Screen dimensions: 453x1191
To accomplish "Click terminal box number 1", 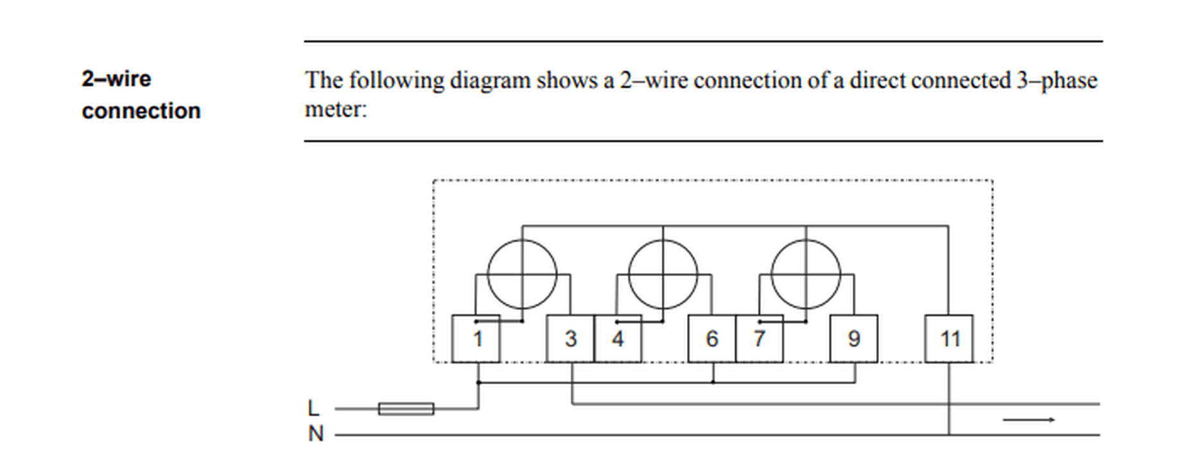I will [476, 339].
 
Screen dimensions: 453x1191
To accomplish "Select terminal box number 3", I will [570, 339].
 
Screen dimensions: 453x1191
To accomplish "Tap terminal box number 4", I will [618, 339].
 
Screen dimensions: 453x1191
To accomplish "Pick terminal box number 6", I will [711, 339].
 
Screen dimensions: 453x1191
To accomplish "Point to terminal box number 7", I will [759, 339].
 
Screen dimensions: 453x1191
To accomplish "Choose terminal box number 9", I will [853, 339].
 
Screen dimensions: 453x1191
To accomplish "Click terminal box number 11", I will [948, 339].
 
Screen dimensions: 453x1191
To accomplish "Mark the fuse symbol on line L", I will [406, 409].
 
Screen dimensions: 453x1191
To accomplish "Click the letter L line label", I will [313, 408].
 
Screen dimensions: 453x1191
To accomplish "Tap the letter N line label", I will [315, 434].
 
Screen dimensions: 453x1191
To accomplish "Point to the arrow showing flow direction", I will [1029, 420].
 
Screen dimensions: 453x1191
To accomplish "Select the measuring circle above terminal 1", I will [522, 274].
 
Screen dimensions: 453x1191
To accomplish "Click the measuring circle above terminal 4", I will [663, 274].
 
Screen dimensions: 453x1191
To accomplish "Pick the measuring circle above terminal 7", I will [806, 274].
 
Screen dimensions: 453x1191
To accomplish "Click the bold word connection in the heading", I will [141, 111].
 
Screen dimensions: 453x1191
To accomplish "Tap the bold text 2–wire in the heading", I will [116, 79].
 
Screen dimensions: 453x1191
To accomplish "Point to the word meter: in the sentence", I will [335, 109].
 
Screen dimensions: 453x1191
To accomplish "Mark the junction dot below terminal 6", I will [713, 382].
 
